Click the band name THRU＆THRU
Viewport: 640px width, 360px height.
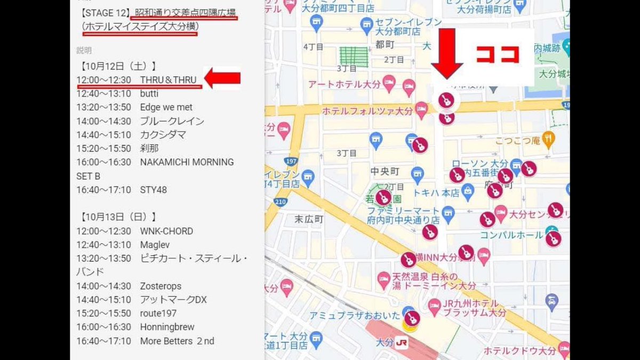pyautogui.click(x=168, y=80)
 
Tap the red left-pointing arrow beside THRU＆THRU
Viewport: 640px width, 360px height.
pyautogui.click(x=222, y=78)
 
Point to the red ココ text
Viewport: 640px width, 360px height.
pyautogui.click(x=497, y=54)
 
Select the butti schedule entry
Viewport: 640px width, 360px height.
pyautogui.click(x=149, y=94)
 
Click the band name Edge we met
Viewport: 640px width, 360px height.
pyautogui.click(x=166, y=107)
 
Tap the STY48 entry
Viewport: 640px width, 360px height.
pyautogui.click(x=154, y=190)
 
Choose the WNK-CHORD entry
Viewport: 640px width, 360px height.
pyautogui.click(x=166, y=231)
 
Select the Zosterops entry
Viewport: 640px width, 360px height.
pyautogui.click(x=161, y=286)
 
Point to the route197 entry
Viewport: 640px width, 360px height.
pyautogui.click(x=158, y=313)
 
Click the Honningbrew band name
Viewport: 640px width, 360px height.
pyautogui.click(x=167, y=327)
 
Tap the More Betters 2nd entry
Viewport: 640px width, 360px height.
pyautogui.click(x=177, y=341)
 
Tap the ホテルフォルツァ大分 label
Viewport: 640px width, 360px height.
pyautogui.click(x=368, y=111)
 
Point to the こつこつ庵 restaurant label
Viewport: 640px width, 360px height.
pyautogui.click(x=517, y=140)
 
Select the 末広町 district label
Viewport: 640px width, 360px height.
pyautogui.click(x=309, y=219)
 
